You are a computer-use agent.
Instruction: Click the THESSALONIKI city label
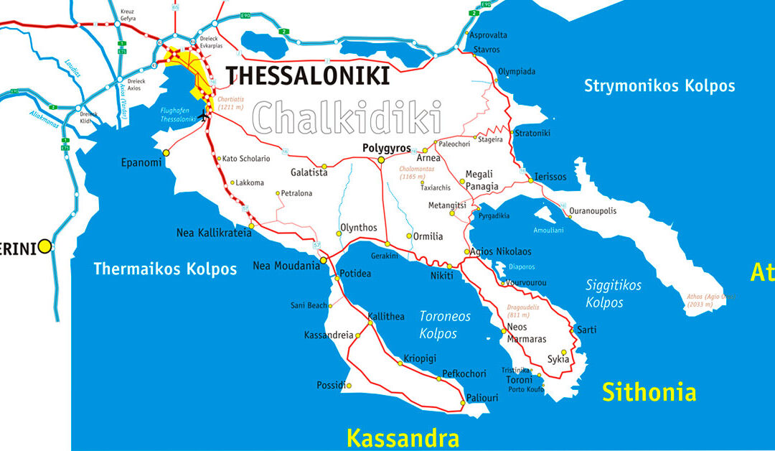[x=308, y=75]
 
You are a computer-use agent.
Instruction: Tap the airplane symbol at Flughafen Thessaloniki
[x=204, y=116]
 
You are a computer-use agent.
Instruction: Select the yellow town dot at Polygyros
[x=381, y=159]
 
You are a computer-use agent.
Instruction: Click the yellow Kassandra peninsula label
[x=403, y=437]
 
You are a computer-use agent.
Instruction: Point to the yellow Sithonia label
[x=649, y=392]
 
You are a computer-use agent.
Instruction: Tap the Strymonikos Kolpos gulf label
[x=659, y=86]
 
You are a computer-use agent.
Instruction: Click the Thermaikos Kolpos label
[x=165, y=269]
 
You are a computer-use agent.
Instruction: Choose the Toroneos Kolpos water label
[x=445, y=325]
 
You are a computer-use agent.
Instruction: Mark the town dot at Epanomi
[x=166, y=152]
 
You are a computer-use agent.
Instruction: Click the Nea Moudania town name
[x=286, y=266]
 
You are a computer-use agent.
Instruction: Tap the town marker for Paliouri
[x=463, y=403]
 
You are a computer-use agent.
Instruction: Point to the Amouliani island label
[x=549, y=231]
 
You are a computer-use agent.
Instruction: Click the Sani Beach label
[x=309, y=305]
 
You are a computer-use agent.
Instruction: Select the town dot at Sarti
[x=572, y=330]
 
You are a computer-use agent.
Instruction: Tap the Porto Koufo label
[x=526, y=389]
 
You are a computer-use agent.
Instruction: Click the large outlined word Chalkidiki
[x=347, y=117]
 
